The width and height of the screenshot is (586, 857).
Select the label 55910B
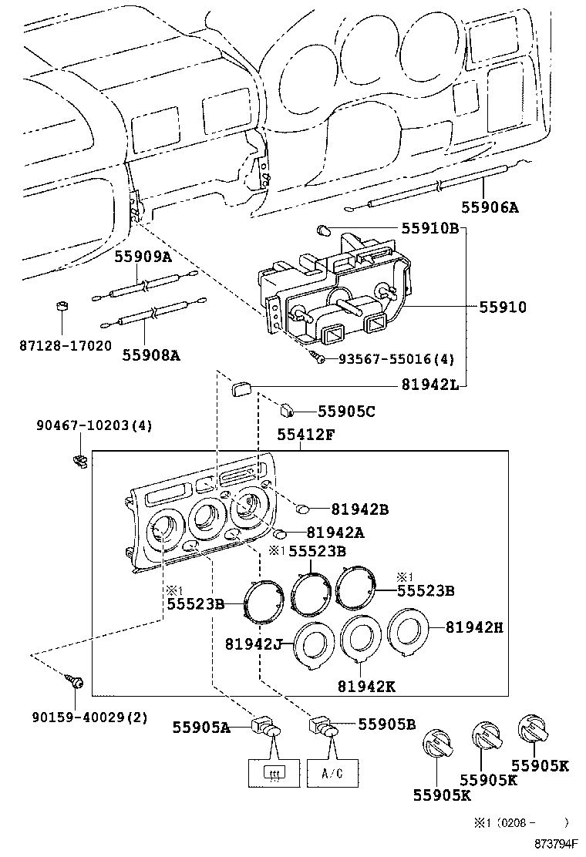[x=429, y=229]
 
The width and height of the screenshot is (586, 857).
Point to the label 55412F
[x=305, y=435]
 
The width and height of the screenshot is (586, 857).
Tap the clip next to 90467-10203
[x=79, y=460]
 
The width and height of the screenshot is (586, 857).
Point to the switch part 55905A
[x=267, y=727]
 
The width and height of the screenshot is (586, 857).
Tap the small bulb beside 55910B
[x=324, y=229]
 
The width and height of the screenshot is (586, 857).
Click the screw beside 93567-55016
[x=315, y=357]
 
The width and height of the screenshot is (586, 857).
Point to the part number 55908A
[x=150, y=355]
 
